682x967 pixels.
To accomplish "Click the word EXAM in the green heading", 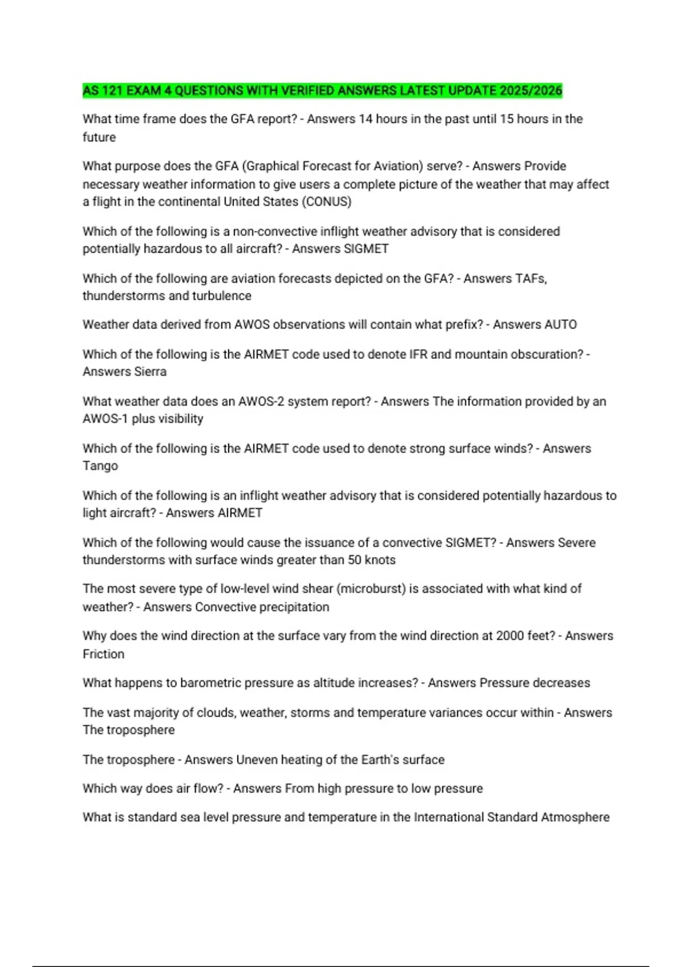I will tap(144, 90).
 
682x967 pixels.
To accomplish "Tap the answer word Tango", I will tap(100, 465).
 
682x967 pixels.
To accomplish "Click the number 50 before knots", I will tap(355, 560).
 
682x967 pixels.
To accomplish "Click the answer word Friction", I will tap(103, 654).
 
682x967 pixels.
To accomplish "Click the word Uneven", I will tap(256, 759).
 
